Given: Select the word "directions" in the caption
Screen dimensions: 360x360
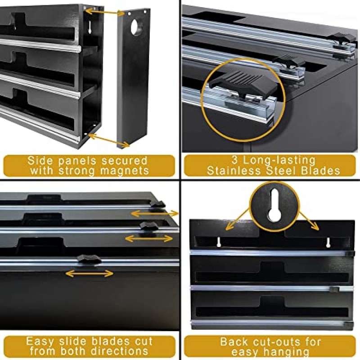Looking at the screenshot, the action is (x=119, y=351).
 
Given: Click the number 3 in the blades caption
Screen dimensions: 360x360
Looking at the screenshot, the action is (x=234, y=160).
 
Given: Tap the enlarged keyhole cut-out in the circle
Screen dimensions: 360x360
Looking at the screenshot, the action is (x=274, y=205).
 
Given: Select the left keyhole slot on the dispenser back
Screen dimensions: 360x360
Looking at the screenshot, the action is (x=219, y=242).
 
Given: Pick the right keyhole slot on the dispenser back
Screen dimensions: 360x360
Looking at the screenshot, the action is (x=328, y=243).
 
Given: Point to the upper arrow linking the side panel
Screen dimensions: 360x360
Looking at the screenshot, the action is (x=105, y=12).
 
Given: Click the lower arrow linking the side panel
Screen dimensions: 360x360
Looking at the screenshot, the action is (x=109, y=140).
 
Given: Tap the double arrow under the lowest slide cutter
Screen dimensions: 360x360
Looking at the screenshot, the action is (x=89, y=273).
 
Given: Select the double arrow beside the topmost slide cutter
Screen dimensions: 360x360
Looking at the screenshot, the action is (x=155, y=214).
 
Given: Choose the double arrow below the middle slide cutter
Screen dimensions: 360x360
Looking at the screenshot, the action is (x=149, y=238).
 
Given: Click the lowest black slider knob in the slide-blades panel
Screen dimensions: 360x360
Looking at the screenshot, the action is (x=89, y=259).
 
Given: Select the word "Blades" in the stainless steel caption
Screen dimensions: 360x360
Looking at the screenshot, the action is (x=320, y=171).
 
